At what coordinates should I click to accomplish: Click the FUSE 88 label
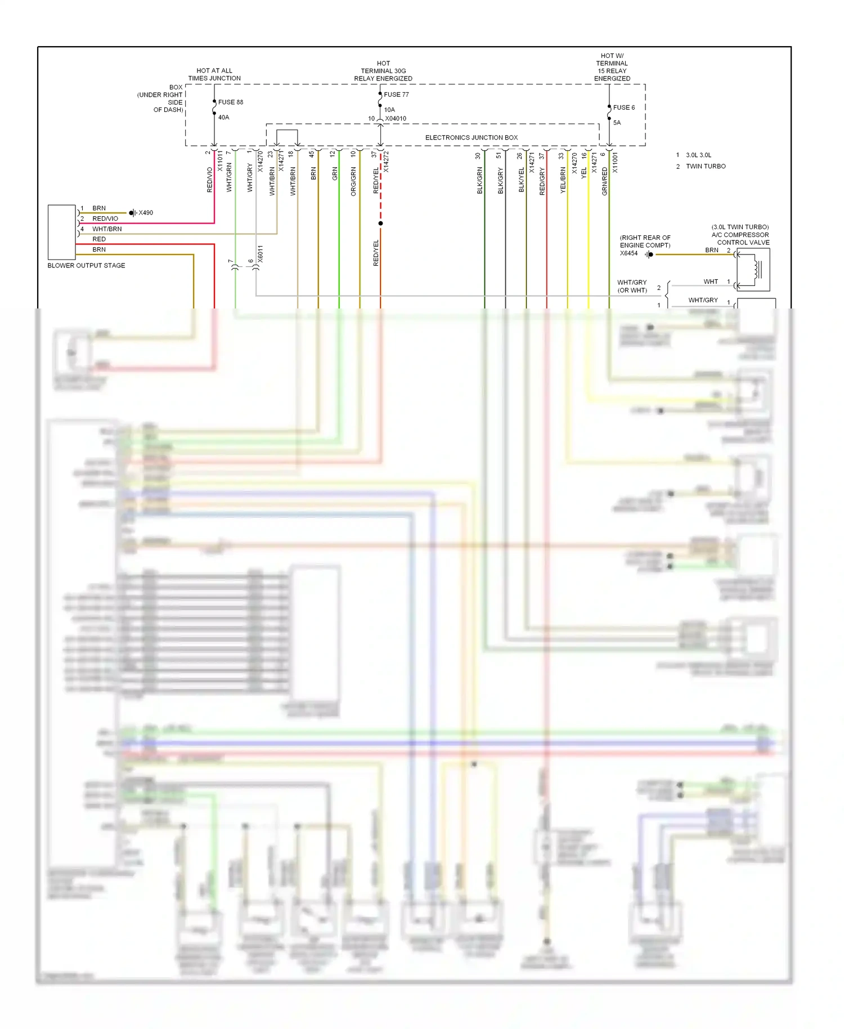point(230,102)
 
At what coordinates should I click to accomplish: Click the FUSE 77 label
point(396,95)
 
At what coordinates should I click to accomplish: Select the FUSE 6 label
point(623,108)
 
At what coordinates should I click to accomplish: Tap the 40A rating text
point(223,117)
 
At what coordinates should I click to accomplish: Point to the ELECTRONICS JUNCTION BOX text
point(471,137)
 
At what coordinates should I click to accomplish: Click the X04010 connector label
point(396,119)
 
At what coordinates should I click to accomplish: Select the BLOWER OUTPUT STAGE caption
point(86,266)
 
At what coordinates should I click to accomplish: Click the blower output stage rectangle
point(61,232)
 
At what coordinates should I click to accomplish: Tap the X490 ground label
point(146,213)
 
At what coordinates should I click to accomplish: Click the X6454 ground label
point(628,253)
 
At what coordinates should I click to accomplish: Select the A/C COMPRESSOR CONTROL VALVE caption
point(740,235)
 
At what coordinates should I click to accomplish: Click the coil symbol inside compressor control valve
point(754,270)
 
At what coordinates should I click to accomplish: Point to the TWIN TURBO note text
point(706,167)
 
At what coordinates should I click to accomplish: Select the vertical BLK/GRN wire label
point(480,180)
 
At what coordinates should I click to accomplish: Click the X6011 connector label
point(260,254)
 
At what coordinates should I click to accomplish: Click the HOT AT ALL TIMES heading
point(214,74)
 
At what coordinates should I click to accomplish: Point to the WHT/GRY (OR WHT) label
point(632,287)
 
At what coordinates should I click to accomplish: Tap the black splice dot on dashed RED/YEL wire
point(380,223)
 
